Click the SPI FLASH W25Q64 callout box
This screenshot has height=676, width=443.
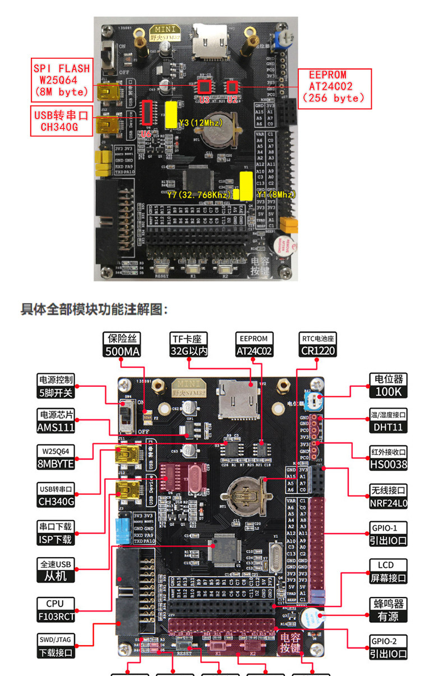[x=61, y=80]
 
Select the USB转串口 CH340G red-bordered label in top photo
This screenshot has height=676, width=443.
[x=61, y=121]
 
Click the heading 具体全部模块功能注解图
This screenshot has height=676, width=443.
[x=94, y=309]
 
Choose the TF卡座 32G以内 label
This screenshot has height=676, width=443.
[x=189, y=345]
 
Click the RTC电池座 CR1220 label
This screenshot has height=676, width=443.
[x=318, y=345]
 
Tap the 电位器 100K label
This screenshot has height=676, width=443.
[x=388, y=386]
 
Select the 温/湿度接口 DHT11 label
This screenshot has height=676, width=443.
[x=388, y=421]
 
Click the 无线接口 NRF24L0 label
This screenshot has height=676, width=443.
[x=388, y=496]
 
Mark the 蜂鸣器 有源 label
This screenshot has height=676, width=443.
[x=388, y=610]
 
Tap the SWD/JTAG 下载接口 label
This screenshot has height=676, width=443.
[x=56, y=646]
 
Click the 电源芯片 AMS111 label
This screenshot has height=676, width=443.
[x=56, y=421]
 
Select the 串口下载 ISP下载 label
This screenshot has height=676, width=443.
[x=56, y=533]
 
